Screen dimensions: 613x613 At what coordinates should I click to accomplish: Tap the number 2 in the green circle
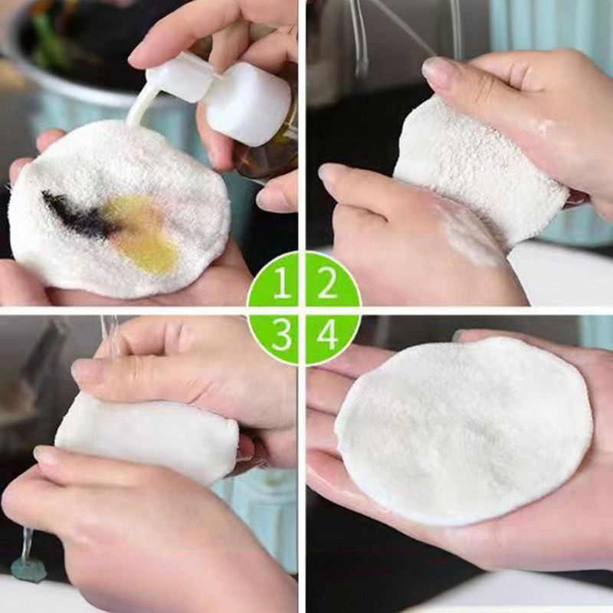click(327, 282)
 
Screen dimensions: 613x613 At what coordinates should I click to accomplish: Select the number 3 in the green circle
click(281, 335)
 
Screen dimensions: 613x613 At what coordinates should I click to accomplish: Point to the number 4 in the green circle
click(327, 335)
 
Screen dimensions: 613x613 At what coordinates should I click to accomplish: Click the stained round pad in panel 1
click(117, 209)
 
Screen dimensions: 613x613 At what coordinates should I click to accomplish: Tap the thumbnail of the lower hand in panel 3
click(46, 455)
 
